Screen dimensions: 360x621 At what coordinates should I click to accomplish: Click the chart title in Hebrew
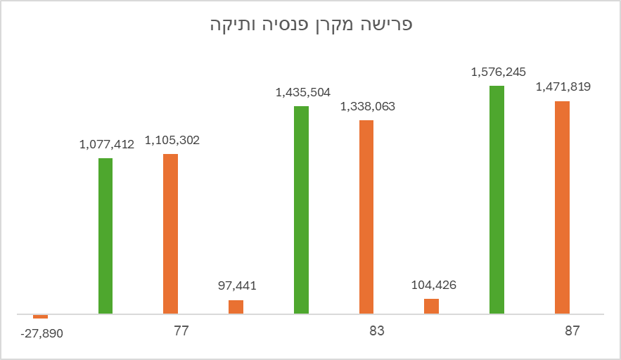[x=311, y=25]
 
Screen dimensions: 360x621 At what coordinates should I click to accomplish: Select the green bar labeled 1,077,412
[x=105, y=236]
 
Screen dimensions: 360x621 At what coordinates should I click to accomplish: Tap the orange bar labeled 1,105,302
[x=170, y=233]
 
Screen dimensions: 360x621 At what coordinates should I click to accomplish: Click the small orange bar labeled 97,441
[x=236, y=307]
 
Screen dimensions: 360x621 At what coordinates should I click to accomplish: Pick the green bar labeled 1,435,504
[x=301, y=210]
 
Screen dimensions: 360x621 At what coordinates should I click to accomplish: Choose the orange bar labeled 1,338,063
[x=366, y=217]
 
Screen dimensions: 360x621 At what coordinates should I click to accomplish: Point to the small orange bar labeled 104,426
[x=431, y=306]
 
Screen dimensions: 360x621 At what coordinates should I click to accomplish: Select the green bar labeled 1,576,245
[x=497, y=200]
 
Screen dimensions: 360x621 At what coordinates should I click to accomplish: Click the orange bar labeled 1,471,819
[x=562, y=207]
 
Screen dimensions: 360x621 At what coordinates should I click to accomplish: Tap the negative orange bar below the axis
[x=40, y=316]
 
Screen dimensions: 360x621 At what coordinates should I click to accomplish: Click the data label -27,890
[x=41, y=333]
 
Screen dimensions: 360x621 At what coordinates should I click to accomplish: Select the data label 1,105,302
[x=172, y=140]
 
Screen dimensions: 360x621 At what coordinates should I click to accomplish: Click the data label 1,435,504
[x=303, y=92]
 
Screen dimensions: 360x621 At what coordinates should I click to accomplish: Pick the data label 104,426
[x=432, y=285]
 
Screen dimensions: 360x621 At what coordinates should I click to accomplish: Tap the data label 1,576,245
[x=499, y=72]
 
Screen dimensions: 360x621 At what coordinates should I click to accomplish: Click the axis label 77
[x=182, y=330]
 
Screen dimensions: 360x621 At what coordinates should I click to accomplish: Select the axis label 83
[x=377, y=330]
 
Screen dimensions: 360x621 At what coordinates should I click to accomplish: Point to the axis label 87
[x=572, y=330]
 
